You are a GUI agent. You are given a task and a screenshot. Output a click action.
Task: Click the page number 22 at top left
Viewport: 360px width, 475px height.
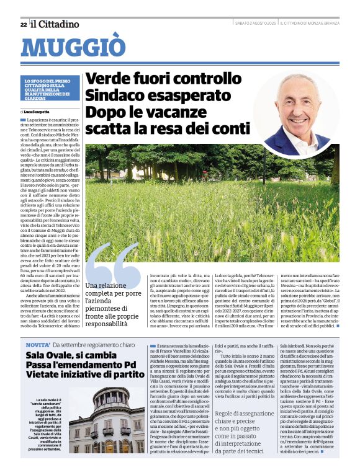click(x=23, y=24)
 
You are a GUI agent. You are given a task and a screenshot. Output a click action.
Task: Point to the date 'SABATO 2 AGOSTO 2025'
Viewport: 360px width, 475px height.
click(x=255, y=24)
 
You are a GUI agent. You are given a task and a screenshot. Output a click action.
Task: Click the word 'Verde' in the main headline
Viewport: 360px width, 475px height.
click(x=110, y=79)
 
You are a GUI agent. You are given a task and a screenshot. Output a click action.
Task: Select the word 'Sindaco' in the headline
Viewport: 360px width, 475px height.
click(x=116, y=96)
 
